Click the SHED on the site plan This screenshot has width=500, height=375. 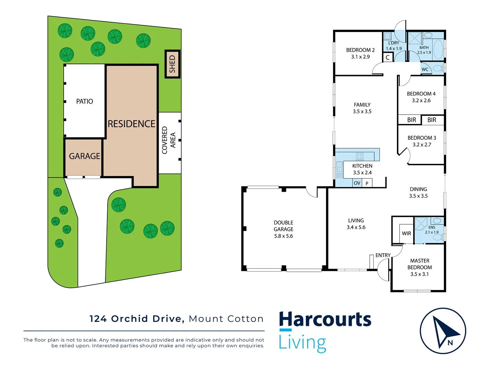[x=172, y=64]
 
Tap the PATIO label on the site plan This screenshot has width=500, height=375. [x=84, y=101]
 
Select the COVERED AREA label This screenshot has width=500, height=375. [x=169, y=140]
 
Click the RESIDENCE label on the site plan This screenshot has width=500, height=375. [x=131, y=124]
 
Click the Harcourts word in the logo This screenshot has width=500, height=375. [x=325, y=320]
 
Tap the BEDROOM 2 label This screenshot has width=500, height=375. [x=360, y=50]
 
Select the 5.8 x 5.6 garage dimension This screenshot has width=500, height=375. [x=283, y=236]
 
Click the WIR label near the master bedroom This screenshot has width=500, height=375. [x=406, y=234]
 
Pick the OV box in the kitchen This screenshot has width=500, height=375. [x=357, y=183]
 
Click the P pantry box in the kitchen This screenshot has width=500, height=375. [x=367, y=183]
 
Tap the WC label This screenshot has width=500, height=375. [x=425, y=69]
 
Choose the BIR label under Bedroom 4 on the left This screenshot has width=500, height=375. [x=411, y=120]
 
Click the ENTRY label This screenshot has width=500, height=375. [x=383, y=256]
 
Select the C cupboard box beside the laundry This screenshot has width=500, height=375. [x=388, y=58]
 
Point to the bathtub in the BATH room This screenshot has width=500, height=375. [x=438, y=49]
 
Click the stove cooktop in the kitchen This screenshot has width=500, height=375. [x=360, y=156]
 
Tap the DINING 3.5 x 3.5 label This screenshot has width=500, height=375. [x=418, y=192]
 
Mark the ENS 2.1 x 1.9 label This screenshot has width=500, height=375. [x=432, y=230]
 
